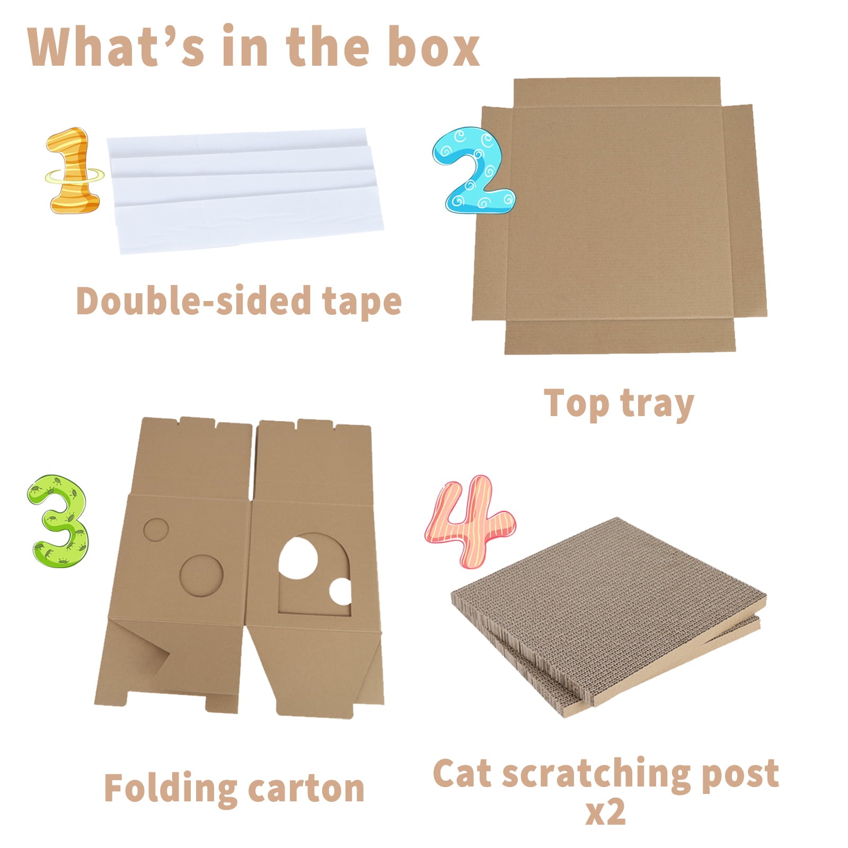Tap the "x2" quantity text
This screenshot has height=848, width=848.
pos(605,812)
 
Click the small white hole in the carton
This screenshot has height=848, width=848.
pos(340,591)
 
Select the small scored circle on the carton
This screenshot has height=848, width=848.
pos(156,529)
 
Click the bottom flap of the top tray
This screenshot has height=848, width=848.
pos(619,336)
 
